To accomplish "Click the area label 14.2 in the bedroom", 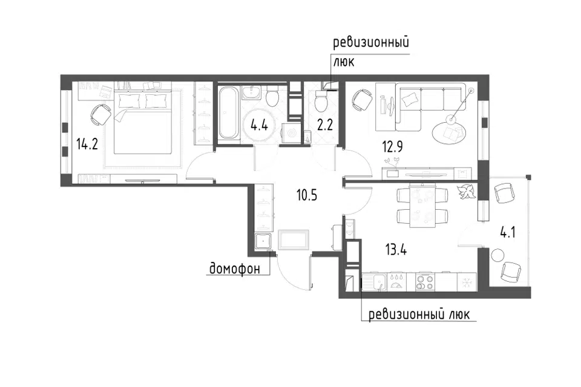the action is coord(87,144).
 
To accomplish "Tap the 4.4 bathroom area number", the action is coord(259,125).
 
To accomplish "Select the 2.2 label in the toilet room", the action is coord(324,125).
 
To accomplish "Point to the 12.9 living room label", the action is coord(392,147).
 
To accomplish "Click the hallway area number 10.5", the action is coord(307,195).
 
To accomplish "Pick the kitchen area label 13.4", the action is coord(396,250).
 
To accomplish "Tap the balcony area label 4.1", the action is coord(508,233).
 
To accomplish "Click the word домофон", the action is coord(235,268).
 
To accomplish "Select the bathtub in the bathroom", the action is coord(228,112).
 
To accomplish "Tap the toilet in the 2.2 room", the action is coord(321,100).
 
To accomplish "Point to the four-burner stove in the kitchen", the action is coord(425,281).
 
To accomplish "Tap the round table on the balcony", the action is coord(497,256).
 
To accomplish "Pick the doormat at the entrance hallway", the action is coord(293,239).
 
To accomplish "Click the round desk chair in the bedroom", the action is coord(100,115).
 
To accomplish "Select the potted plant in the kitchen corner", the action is coord(466,192).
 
